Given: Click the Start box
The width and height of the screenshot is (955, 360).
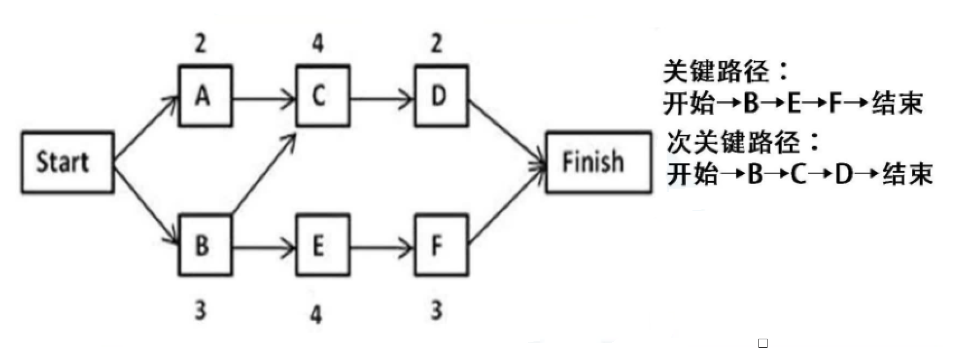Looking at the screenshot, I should click(67, 162).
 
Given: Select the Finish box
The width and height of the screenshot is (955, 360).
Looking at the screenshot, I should click(598, 162).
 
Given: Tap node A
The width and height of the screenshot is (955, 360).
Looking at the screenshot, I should click(205, 96).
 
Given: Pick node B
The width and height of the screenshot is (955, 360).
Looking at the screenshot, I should click(205, 245).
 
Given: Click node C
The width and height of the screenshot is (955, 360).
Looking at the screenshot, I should click(322, 96).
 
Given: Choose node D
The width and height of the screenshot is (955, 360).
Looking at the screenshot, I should click(441, 96).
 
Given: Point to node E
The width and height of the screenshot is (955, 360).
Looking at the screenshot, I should click(322, 245).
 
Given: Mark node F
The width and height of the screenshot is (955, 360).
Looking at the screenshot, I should click(441, 245).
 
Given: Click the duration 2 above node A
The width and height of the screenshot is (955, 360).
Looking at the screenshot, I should click(201, 43).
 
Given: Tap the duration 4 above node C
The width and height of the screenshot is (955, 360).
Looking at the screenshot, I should click(318, 43).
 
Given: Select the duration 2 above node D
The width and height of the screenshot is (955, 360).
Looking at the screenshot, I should click(437, 43).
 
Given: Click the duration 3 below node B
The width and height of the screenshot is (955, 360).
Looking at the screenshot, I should click(201, 310).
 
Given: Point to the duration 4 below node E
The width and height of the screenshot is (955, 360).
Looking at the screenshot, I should click(317, 314).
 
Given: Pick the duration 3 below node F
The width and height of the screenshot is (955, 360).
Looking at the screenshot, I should click(437, 310).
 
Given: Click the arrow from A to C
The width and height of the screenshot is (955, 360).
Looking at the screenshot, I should click(264, 100).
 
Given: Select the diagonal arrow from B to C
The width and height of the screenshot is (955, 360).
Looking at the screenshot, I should click(264, 174).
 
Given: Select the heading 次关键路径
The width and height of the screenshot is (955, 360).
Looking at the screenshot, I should click(742, 142).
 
